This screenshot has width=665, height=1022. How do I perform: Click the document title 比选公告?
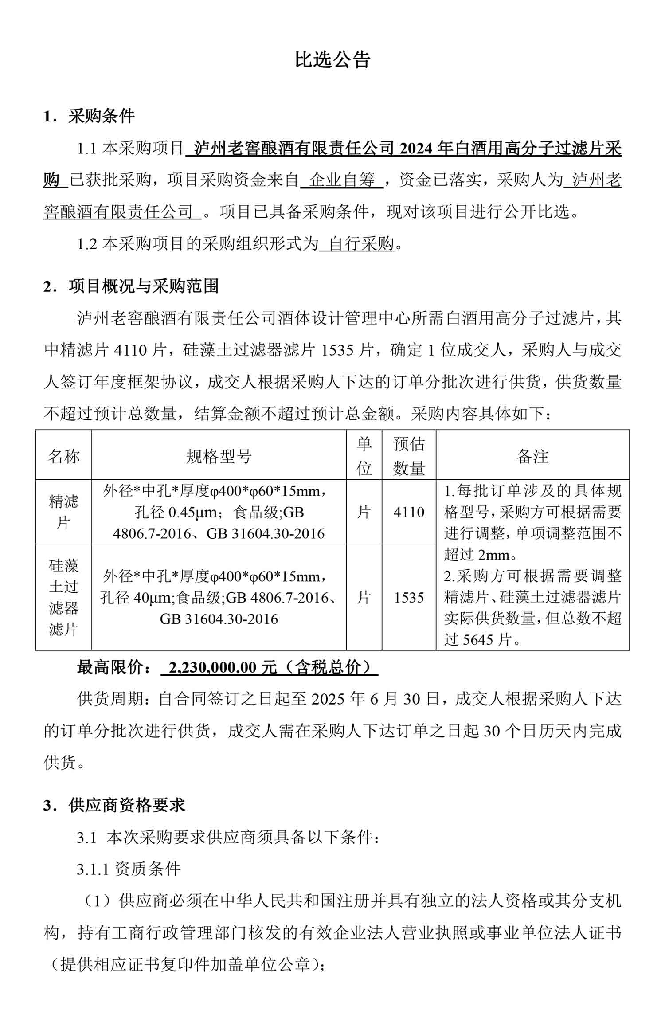(332, 60)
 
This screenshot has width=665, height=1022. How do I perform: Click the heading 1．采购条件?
(89, 116)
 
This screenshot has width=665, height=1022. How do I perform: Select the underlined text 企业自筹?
(342, 180)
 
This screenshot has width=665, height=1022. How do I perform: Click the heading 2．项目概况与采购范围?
(131, 286)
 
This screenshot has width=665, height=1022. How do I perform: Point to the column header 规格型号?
(219, 456)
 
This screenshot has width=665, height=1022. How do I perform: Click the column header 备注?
(532, 456)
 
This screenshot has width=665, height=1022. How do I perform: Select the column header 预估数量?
(409, 456)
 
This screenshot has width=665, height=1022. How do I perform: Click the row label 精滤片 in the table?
(63, 512)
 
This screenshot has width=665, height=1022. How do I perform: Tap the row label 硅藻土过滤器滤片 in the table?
(63, 597)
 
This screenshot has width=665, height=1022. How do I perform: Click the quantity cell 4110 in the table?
(409, 513)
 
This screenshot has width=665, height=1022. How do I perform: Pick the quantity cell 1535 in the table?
(409, 598)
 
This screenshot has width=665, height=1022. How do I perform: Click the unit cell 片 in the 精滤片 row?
(364, 513)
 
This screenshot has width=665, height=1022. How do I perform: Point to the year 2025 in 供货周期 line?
(328, 699)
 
